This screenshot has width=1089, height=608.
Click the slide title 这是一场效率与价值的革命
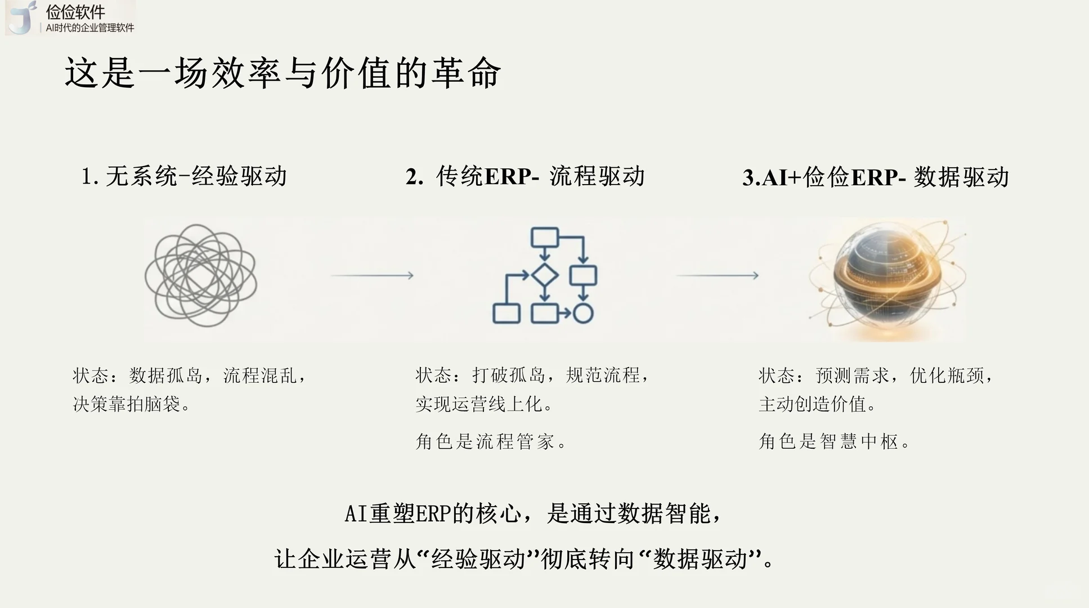pos(283,73)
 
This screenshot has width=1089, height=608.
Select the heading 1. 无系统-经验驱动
pos(184,177)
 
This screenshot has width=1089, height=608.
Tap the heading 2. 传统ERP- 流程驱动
pos(525,177)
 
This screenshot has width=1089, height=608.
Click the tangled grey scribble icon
pos(201,275)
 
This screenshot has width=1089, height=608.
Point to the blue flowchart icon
pos(544,275)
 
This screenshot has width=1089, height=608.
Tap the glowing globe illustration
pos(888,279)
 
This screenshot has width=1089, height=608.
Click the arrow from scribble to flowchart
pos(372,275)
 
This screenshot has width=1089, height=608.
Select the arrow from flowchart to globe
pos(717,275)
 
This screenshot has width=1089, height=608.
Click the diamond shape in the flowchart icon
pos(544,275)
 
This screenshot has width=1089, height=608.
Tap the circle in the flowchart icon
pos(583,314)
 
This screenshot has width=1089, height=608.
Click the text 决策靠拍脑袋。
pos(132,404)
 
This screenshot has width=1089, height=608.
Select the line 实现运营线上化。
pos(485,404)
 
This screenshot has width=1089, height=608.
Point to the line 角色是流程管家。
pos(491,442)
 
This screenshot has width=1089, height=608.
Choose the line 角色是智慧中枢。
pos(834,442)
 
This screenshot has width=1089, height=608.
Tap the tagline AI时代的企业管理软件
pos(90,28)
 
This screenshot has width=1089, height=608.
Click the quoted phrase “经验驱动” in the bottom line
pos(478,560)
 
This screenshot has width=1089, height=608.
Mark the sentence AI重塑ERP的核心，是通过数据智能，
pos(532,514)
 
